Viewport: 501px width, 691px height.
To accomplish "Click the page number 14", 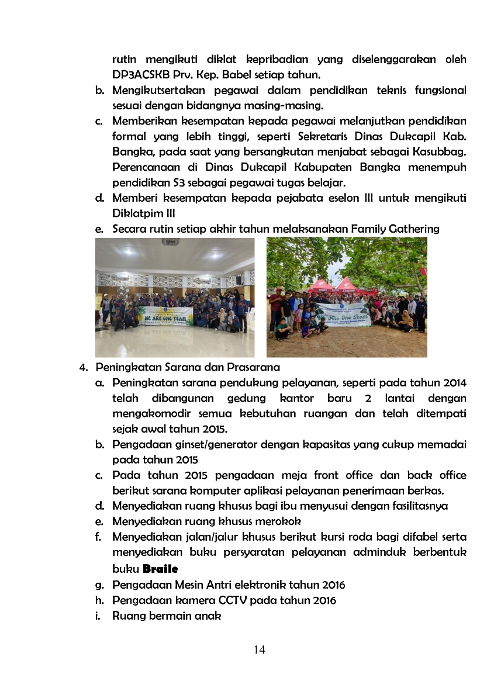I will click(260, 649).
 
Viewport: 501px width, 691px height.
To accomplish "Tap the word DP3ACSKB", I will click(144, 75).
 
